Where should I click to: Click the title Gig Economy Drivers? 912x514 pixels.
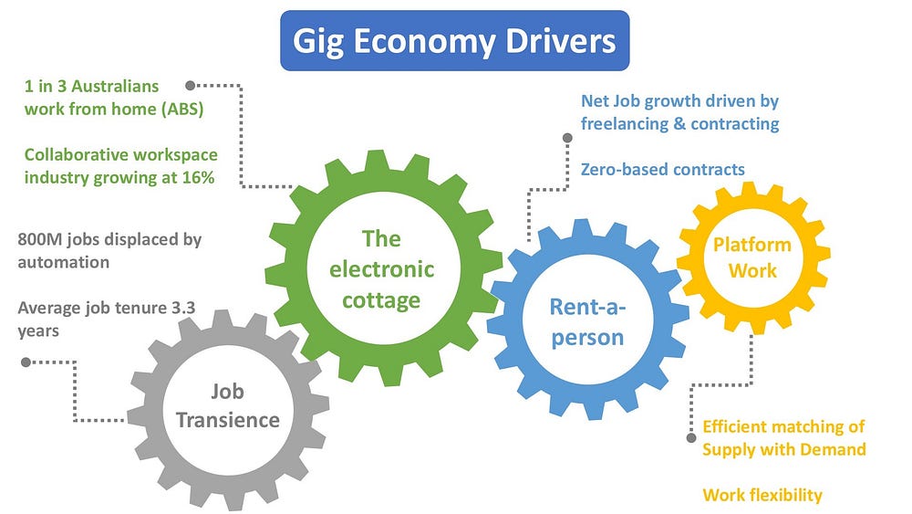(x=454, y=41)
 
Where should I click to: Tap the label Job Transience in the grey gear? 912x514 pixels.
(x=227, y=406)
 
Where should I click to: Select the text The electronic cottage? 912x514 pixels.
(x=381, y=268)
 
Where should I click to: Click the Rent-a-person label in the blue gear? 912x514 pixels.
(x=587, y=321)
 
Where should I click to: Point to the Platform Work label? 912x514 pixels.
(x=751, y=257)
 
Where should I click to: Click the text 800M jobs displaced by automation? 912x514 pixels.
(x=109, y=250)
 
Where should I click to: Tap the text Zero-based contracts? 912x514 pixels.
(x=662, y=169)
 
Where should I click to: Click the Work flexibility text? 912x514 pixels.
(x=762, y=495)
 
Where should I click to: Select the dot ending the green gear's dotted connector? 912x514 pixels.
(x=190, y=86)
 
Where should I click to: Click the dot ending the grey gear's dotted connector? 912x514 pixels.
(x=25, y=362)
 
